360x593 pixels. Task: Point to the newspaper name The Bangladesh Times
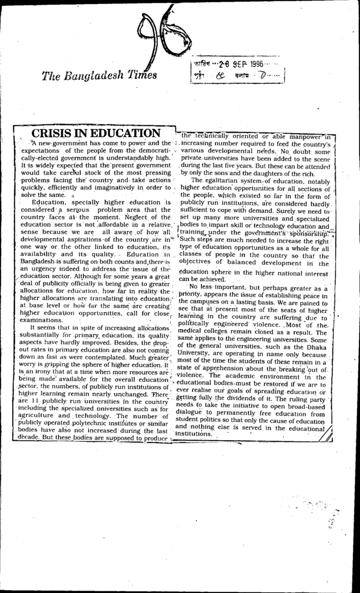[x=99, y=75]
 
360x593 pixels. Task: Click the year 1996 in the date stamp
[x=256, y=63]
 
